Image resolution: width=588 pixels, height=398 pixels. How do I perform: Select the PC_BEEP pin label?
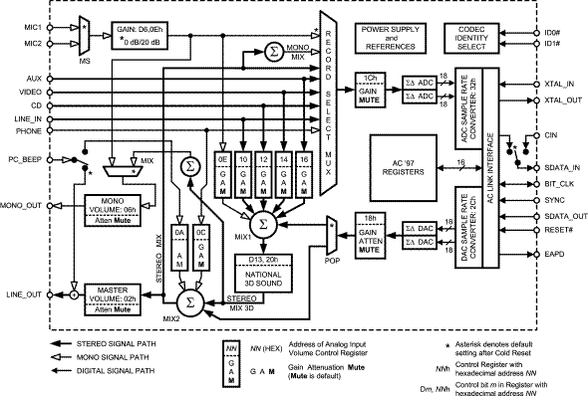point(21,156)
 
